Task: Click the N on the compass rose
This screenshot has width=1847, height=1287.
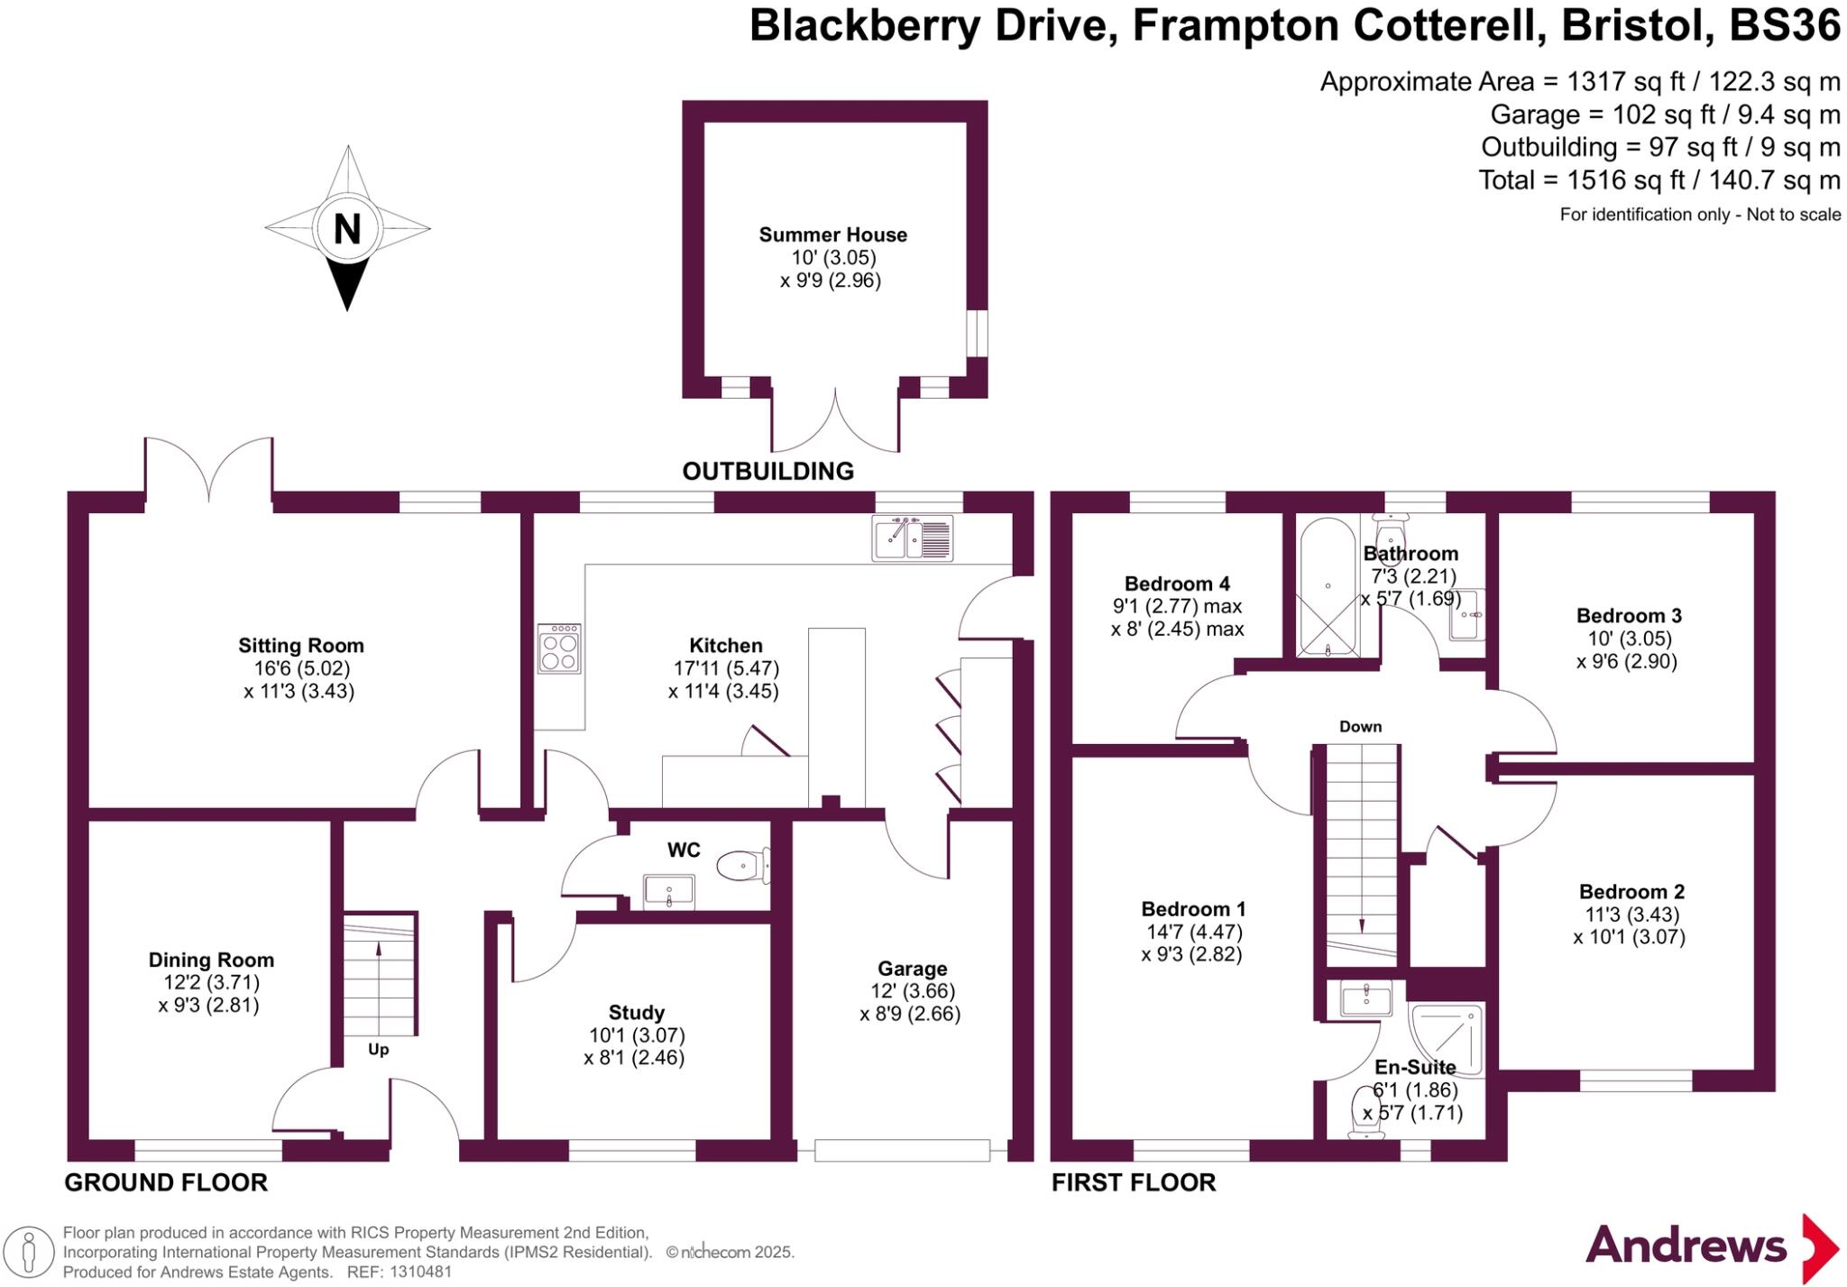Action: [x=347, y=229]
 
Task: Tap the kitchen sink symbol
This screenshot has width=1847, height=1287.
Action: [x=912, y=538]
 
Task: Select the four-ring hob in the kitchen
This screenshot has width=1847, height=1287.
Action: [x=559, y=648]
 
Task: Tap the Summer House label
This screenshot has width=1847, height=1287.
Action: [x=832, y=234]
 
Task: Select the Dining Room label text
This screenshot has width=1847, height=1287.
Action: [x=211, y=960]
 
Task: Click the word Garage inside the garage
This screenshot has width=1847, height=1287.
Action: [x=912, y=968]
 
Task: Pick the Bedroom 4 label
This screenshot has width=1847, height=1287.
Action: [x=1176, y=584]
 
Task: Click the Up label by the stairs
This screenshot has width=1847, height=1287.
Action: [x=379, y=1050]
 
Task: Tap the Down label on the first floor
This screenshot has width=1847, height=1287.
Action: [x=1360, y=726]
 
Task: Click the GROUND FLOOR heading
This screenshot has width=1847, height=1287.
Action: [x=166, y=1182]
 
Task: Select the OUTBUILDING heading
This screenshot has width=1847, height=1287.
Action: [x=767, y=471]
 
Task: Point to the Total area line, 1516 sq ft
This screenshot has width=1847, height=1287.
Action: [x=1659, y=180]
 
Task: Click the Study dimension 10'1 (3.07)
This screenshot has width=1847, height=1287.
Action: [x=635, y=1035]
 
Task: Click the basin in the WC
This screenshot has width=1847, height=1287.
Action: [x=669, y=890]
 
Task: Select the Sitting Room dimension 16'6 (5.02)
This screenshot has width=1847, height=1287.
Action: [x=301, y=668]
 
